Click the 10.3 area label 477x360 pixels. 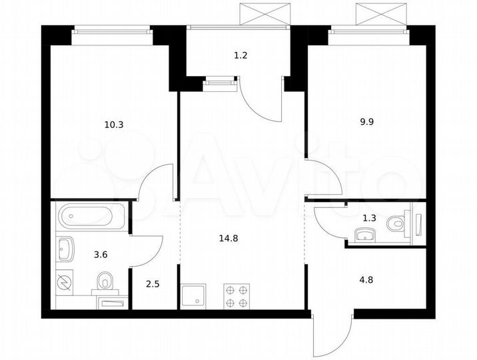(x=114, y=124)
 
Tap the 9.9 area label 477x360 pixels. (x=367, y=121)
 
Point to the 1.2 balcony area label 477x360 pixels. (x=241, y=56)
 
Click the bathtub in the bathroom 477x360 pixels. (x=91, y=217)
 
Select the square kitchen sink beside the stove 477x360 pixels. (x=195, y=295)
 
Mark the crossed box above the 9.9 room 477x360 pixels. (x=380, y=13)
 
